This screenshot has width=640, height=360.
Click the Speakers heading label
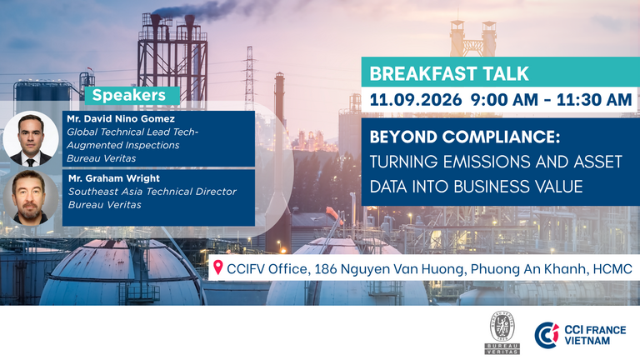pos(128,95)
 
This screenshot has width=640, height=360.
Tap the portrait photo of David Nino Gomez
pos(31,139)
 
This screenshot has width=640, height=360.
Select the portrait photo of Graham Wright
pos(31,198)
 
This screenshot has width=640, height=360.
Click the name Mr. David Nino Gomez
pos(121,119)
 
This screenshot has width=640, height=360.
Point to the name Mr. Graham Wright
pos(114,178)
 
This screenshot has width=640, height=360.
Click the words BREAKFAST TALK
pos(449,74)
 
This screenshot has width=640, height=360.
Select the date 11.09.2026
pos(416,100)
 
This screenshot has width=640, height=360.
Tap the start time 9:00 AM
pos(504,100)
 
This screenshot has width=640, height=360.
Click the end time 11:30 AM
pos(594,100)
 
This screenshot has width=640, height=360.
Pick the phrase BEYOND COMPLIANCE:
pos(465,137)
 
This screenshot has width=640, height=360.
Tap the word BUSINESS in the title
pos(490,187)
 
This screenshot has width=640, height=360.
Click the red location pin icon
pos(218,267)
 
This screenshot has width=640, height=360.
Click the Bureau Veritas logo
pos(502,332)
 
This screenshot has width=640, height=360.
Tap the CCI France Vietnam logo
pos(580,335)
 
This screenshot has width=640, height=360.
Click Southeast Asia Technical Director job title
pos(152,192)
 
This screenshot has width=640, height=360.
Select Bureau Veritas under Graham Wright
pos(104,204)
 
